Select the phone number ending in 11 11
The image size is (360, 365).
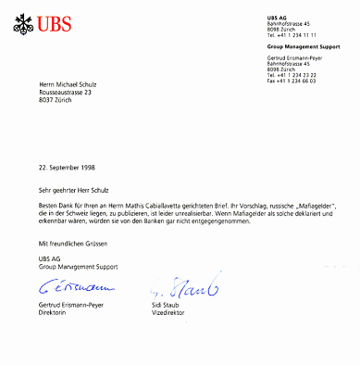tap(290, 33)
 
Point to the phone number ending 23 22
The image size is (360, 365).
tap(290, 75)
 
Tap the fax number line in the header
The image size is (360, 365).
tap(290, 82)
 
